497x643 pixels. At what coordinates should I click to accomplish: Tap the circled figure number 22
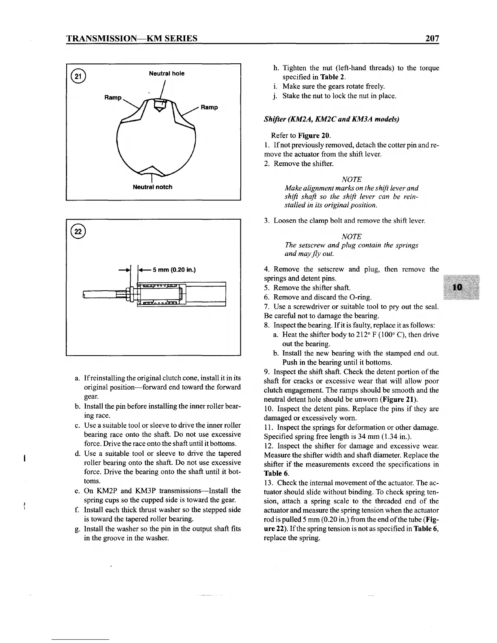(x=76, y=231)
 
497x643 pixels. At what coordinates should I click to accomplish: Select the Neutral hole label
(x=166, y=73)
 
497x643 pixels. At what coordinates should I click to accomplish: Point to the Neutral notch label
(x=153, y=187)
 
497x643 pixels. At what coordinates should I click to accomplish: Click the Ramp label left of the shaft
(x=112, y=98)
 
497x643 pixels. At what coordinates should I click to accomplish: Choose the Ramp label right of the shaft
(x=209, y=107)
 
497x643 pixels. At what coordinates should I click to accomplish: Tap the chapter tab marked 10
(x=458, y=287)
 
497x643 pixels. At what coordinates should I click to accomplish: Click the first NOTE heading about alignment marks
(x=352, y=179)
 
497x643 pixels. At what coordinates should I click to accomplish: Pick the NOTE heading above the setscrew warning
(x=352, y=236)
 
